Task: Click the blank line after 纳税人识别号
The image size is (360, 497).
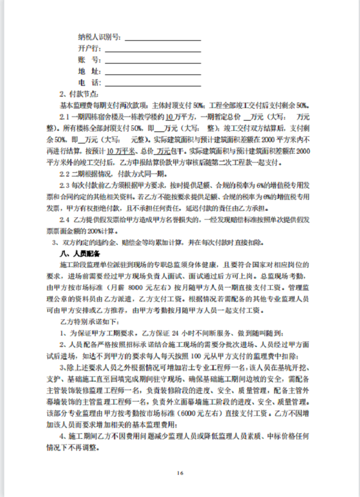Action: click(x=161, y=37)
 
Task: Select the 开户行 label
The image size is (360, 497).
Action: click(x=89, y=47)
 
